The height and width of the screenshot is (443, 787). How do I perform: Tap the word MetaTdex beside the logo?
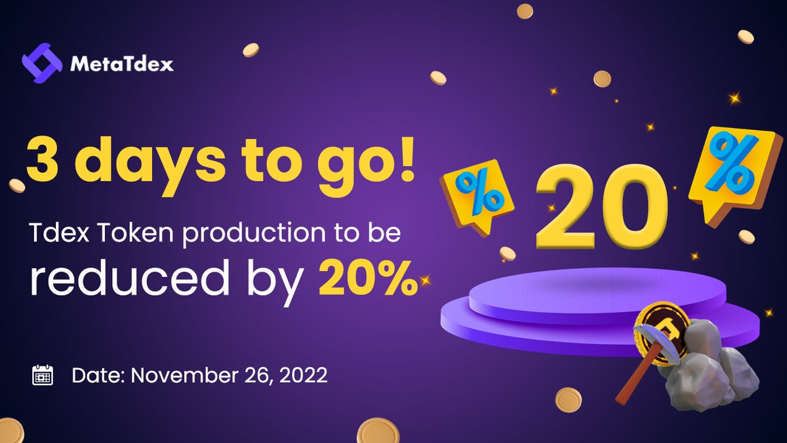[121, 64]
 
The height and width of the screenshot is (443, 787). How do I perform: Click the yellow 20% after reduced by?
[367, 280]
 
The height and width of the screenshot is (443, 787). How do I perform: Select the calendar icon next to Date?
[43, 375]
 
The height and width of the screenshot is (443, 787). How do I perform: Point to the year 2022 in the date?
[302, 376]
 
